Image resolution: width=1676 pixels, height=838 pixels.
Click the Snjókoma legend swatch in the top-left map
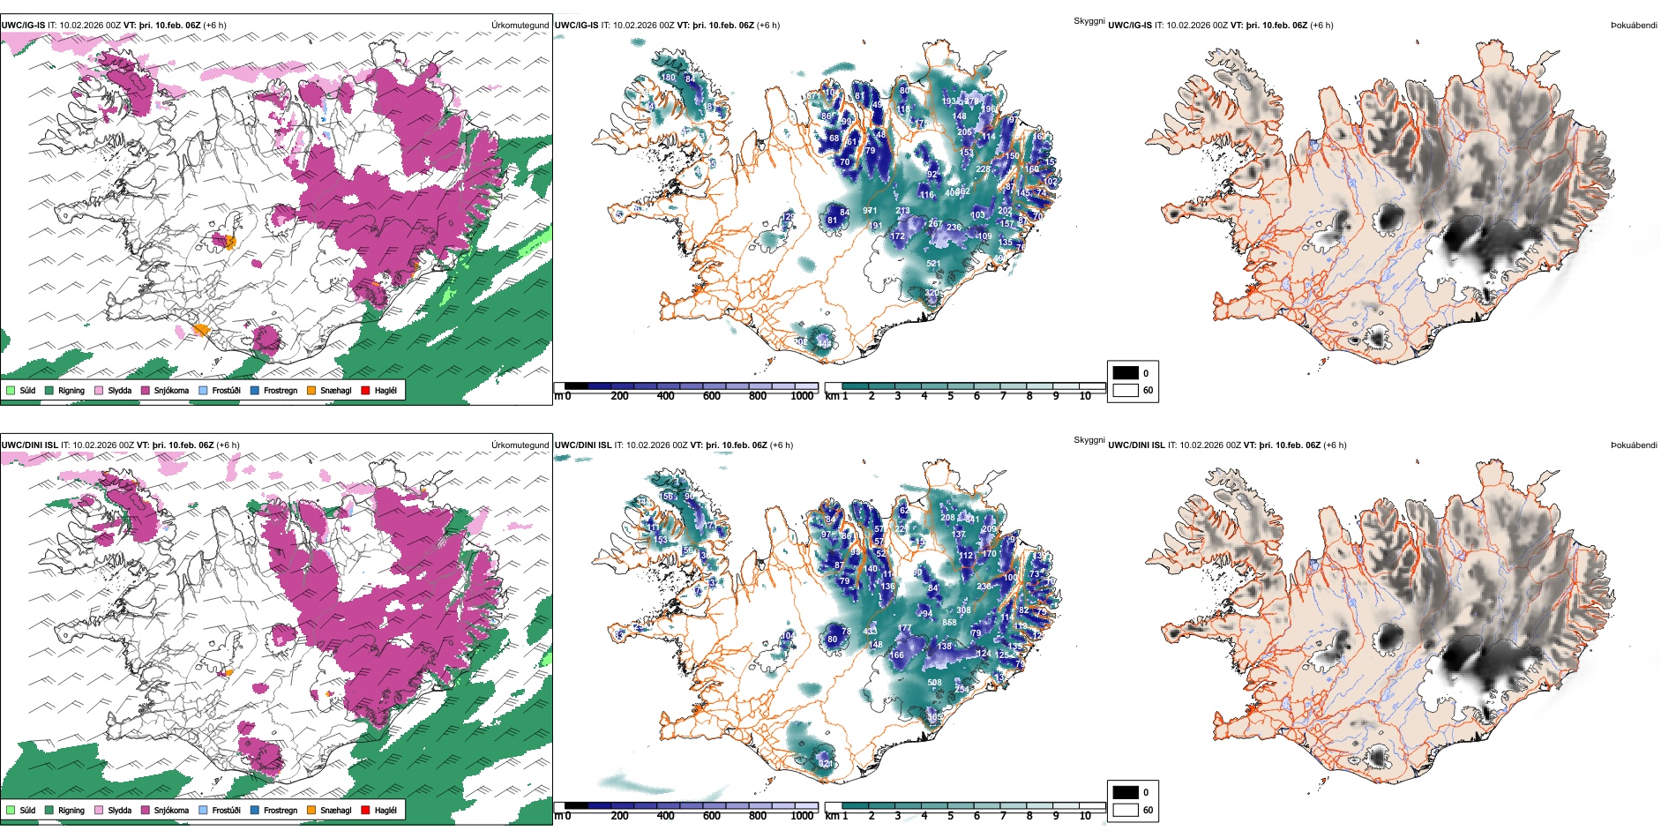145,390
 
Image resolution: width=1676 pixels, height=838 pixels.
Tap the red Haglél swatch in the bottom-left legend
365,810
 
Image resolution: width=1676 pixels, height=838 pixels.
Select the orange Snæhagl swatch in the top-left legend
311,390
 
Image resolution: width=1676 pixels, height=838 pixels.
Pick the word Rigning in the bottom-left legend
71,810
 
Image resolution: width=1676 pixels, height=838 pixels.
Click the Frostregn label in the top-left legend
281,390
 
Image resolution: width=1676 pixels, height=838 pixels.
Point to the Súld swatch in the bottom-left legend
11,810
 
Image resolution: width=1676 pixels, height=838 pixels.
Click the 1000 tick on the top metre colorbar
802,396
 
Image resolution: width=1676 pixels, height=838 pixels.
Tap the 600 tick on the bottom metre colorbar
712,816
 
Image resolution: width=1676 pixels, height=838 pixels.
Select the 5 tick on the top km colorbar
950,396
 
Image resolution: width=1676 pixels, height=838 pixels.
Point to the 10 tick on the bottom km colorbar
1085,816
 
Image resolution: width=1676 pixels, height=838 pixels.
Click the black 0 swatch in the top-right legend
1126,373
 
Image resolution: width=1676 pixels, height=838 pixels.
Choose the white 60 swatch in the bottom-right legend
1126,810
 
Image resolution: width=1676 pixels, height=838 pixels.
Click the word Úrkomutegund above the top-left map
520,25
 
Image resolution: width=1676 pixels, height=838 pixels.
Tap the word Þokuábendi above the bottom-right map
1634,445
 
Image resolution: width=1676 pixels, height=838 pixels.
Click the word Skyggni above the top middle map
1089,20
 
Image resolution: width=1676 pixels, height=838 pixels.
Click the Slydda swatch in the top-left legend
99,390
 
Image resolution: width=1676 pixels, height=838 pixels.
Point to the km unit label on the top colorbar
832,396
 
